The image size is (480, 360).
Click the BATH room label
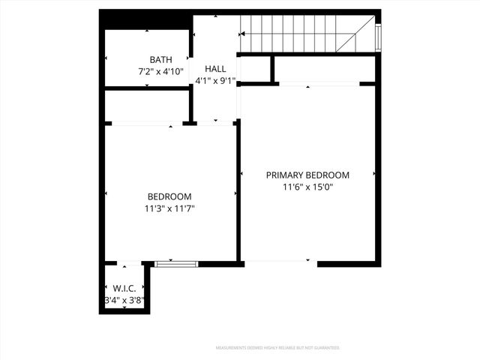click(x=160, y=60)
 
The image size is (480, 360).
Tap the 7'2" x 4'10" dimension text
click(x=160, y=72)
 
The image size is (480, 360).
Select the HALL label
click(x=215, y=68)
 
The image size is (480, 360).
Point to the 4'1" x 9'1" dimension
click(x=215, y=80)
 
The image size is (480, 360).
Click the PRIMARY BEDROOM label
click(x=307, y=175)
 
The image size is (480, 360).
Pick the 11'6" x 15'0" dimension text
click(x=307, y=187)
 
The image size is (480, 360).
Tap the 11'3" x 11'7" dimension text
click(x=170, y=208)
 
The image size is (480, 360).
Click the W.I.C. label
click(x=124, y=288)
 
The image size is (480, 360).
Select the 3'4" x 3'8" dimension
click(x=124, y=300)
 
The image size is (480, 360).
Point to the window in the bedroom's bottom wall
click(x=176, y=263)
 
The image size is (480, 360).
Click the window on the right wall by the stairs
click(x=378, y=35)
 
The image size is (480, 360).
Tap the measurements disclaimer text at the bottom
click(x=277, y=348)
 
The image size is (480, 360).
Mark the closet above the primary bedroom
click(x=324, y=69)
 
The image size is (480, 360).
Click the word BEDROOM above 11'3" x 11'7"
click(x=169, y=196)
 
